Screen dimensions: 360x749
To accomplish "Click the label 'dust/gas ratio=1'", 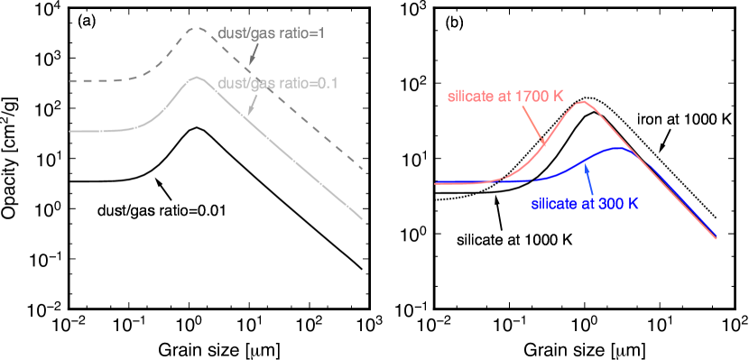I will tap(272, 32).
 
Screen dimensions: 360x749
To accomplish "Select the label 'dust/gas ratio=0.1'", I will tap(278, 83).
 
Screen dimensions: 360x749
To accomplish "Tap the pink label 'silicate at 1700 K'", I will tap(506, 97).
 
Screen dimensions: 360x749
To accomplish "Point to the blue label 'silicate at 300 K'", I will tap(585, 204).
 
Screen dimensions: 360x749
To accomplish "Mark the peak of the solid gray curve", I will tap(196, 78).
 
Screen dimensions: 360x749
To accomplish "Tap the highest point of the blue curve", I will tap(616, 148).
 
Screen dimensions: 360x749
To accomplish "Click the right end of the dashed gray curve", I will tap(362, 168).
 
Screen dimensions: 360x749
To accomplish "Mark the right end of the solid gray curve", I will tap(362, 217).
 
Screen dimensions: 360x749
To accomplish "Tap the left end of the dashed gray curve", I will tap(69, 81).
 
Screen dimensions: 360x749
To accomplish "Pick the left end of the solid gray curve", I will tap(69, 132).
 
